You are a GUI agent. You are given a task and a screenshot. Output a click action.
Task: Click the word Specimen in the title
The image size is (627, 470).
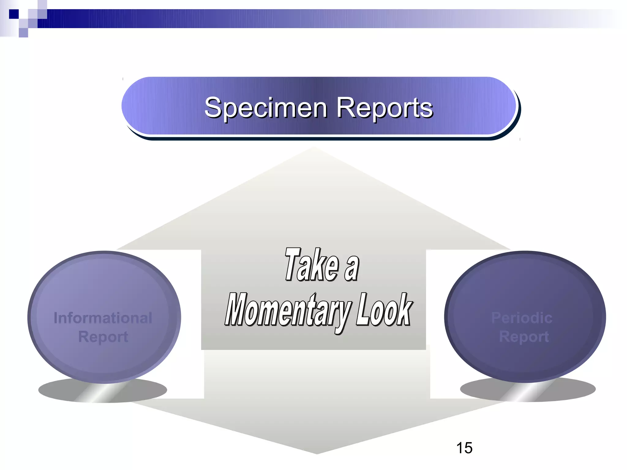click(266, 108)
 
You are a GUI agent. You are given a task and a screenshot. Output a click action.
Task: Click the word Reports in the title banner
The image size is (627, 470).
click(385, 108)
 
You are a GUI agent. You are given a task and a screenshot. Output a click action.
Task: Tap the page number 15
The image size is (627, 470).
click(464, 448)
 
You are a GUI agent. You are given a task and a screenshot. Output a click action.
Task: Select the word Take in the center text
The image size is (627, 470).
click(312, 265)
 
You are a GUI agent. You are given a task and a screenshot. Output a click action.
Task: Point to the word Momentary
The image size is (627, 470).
click(288, 310)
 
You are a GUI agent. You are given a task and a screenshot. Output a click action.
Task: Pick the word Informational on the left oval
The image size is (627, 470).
click(103, 318)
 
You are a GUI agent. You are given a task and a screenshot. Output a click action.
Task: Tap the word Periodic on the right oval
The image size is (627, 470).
click(522, 318)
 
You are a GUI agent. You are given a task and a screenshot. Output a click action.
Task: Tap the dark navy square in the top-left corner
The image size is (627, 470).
click(14, 14)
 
